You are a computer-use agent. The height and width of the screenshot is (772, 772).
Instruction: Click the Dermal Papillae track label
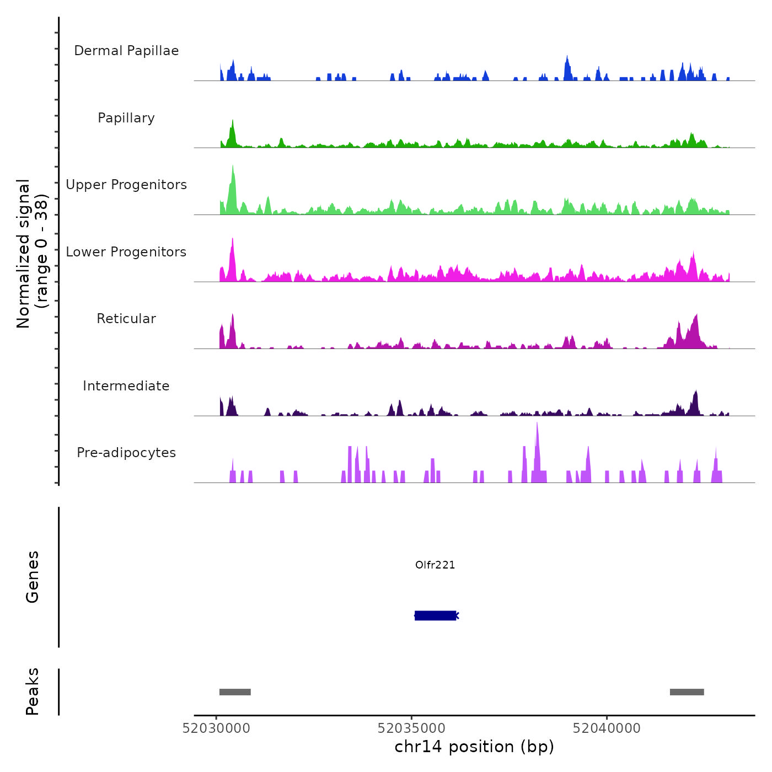(x=126, y=51)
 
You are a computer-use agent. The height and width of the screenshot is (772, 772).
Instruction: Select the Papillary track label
(x=126, y=118)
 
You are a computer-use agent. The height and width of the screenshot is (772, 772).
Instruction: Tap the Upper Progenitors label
(x=126, y=185)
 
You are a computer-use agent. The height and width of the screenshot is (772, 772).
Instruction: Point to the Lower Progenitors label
(x=126, y=252)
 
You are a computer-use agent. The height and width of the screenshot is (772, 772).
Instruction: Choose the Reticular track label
(x=126, y=319)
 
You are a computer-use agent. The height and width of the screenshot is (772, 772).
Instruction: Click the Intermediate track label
(x=126, y=386)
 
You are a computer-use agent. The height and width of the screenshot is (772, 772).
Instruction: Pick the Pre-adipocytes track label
(x=126, y=453)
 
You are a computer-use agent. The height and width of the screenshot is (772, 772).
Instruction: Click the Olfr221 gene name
(x=435, y=565)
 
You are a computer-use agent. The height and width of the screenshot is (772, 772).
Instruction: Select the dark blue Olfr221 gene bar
(x=435, y=615)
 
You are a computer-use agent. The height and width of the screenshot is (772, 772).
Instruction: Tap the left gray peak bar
(x=235, y=692)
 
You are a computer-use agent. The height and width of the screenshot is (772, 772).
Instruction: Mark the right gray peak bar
(x=687, y=692)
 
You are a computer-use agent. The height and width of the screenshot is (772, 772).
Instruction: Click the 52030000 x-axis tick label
(x=216, y=728)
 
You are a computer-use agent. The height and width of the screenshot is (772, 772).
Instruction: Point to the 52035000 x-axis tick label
(x=411, y=728)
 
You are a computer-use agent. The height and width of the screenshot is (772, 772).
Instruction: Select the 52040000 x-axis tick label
(x=607, y=728)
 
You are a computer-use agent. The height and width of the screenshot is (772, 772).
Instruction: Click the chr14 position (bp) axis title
(x=474, y=747)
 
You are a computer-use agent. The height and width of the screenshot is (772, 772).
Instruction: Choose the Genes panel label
(x=33, y=577)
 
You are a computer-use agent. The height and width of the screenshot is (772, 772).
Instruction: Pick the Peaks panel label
(x=33, y=691)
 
